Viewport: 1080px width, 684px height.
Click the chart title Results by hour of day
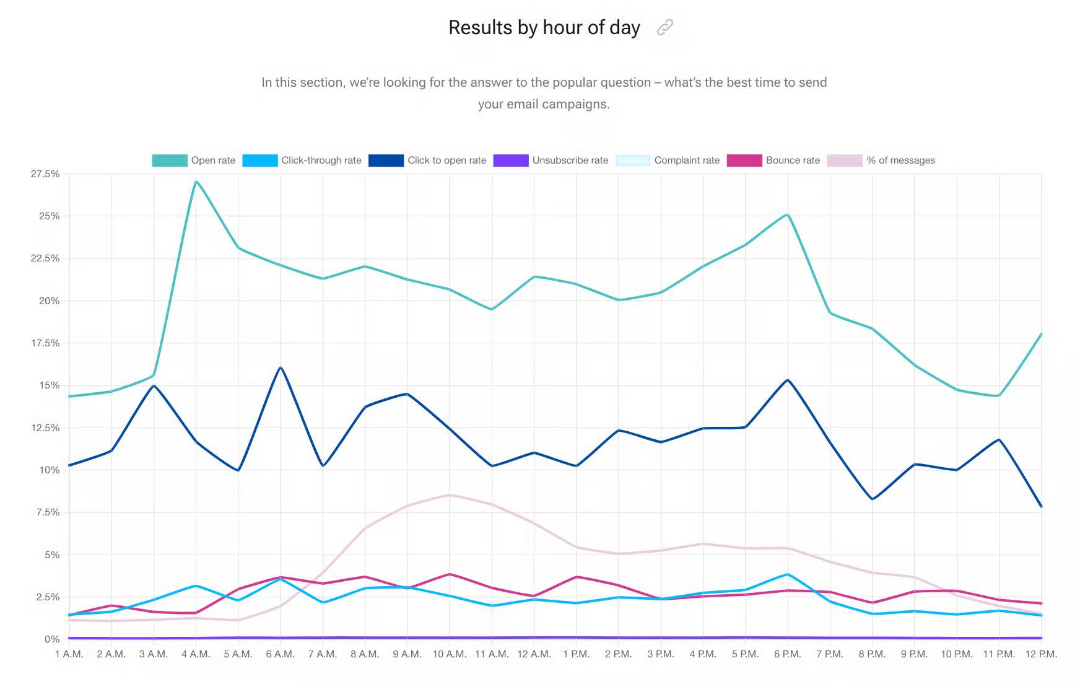(544, 28)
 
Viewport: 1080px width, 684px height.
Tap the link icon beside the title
(664, 27)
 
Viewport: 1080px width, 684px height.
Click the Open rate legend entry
(194, 160)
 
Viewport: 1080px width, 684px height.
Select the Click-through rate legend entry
(302, 160)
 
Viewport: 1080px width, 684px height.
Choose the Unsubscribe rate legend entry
(551, 160)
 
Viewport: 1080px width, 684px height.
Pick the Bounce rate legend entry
(773, 160)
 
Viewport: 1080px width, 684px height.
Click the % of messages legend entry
(881, 160)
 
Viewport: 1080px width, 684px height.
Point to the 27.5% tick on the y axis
(45, 174)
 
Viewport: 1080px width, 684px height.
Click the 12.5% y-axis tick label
(45, 428)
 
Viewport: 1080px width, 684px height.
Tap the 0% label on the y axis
(52, 639)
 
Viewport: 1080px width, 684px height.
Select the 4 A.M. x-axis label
(196, 654)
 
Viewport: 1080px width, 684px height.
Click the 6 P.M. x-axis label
(787, 654)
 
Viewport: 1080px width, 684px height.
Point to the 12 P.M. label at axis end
(1041, 654)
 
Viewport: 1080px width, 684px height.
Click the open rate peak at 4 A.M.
(196, 182)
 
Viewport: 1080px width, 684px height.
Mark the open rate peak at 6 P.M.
(787, 214)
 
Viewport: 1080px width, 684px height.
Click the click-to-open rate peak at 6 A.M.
(281, 367)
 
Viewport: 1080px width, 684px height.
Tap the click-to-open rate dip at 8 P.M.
(872, 499)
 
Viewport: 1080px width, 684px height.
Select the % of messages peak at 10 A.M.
(450, 495)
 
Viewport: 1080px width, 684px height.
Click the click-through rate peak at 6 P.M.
(787, 574)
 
